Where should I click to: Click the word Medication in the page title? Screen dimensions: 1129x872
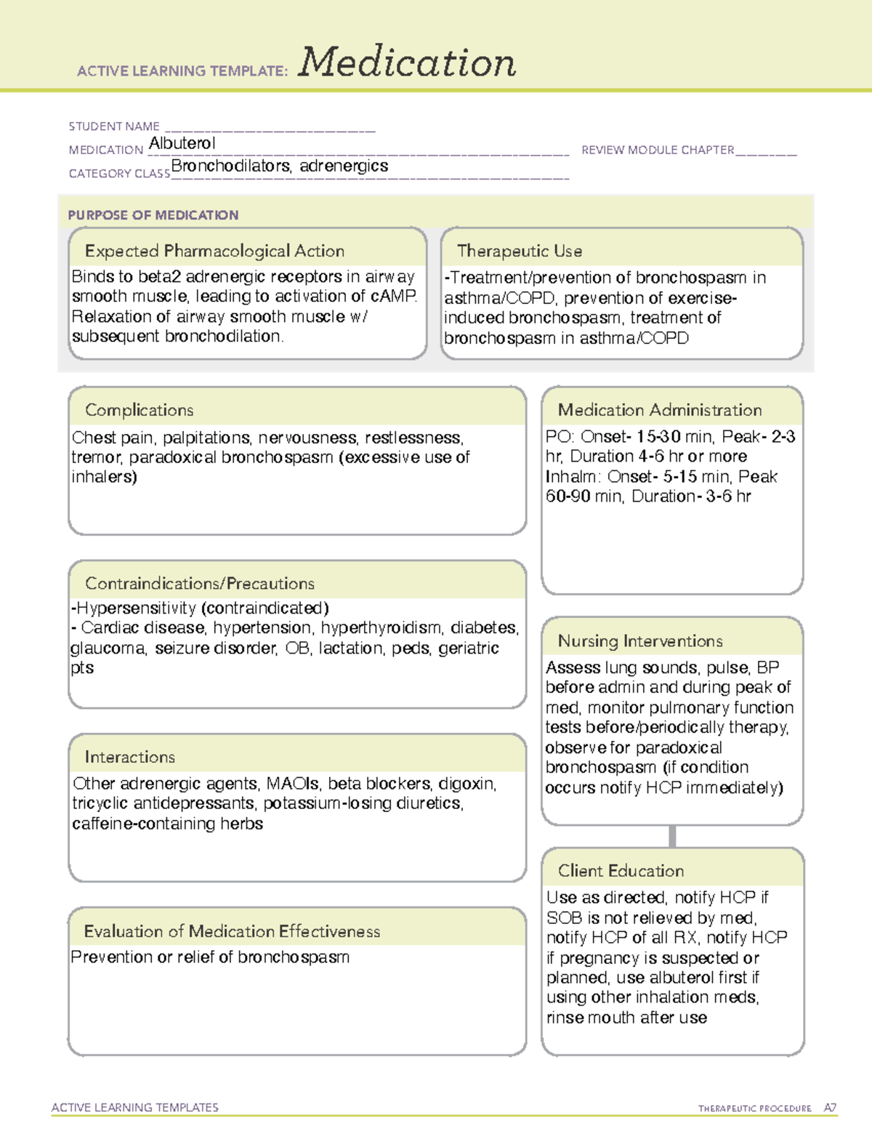click(407, 63)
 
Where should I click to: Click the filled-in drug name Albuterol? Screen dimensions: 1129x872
click(182, 143)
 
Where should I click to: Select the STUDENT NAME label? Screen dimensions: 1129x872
click(114, 126)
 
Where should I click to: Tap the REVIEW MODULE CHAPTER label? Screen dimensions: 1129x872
click(658, 150)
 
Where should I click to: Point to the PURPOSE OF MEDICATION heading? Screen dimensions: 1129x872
click(153, 215)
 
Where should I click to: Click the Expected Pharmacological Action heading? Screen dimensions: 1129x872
click(214, 251)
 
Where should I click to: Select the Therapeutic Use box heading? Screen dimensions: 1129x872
click(520, 251)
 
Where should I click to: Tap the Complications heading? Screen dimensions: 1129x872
click(140, 410)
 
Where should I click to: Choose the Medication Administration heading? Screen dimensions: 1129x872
click(660, 410)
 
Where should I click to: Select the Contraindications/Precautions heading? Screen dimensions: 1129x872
click(200, 584)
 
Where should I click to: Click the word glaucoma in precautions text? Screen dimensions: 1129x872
click(108, 648)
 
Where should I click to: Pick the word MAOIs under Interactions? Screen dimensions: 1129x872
click(293, 784)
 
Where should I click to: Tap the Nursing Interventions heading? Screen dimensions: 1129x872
click(640, 641)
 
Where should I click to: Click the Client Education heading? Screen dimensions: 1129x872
click(621, 871)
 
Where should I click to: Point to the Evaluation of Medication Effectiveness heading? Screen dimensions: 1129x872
click(232, 931)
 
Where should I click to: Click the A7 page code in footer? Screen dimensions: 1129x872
click(830, 1108)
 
